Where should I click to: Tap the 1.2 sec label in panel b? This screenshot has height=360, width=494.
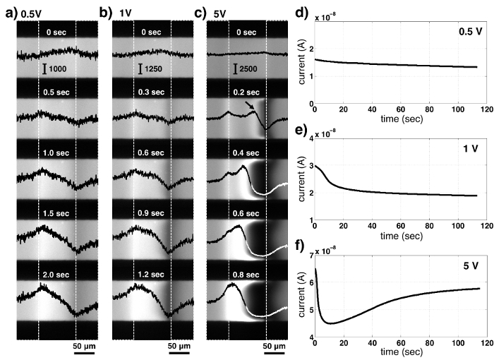point(152,269)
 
